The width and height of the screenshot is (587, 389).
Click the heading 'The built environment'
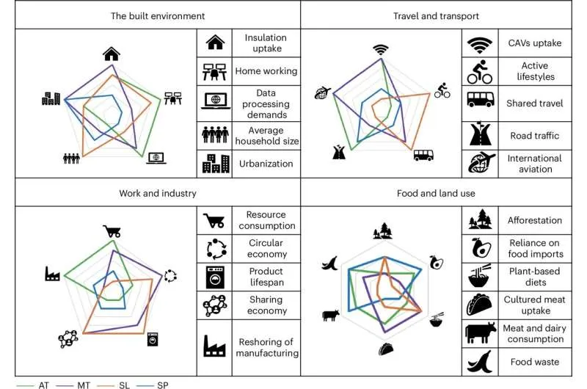(158, 15)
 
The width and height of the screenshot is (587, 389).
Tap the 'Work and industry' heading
(157, 194)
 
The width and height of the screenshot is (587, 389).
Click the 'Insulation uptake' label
(266, 43)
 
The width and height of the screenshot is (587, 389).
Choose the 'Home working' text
(266, 71)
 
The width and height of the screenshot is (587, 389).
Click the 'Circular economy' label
(266, 249)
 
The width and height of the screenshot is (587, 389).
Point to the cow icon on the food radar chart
(330, 316)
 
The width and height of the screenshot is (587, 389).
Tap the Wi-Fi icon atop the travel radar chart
(380, 50)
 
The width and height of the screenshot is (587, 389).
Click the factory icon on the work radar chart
(52, 275)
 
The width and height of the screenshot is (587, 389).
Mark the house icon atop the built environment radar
(112, 53)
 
